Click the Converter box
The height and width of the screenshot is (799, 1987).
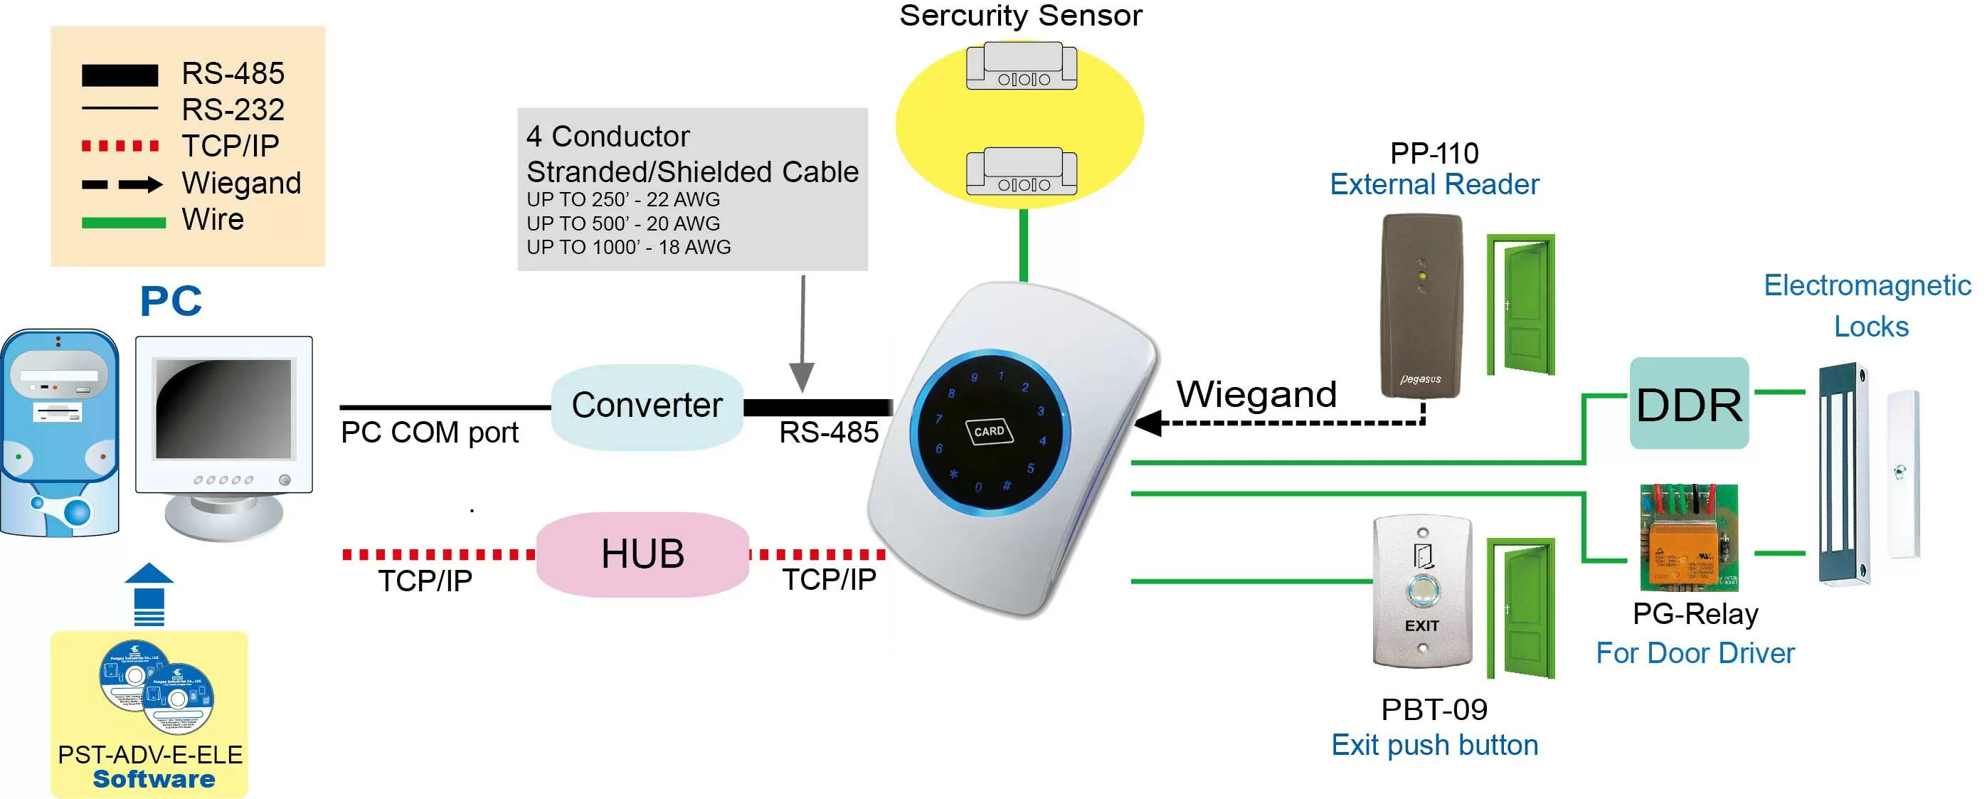(x=647, y=406)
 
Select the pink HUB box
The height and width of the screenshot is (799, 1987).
(x=642, y=554)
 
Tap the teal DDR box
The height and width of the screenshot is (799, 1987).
(x=1688, y=403)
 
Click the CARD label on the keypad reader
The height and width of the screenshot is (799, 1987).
(x=989, y=431)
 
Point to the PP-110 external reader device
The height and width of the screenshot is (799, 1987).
(x=1421, y=305)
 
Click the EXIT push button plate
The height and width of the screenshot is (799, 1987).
(x=1421, y=591)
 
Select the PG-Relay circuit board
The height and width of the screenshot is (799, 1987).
(x=1688, y=538)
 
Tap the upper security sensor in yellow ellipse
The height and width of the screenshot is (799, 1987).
(x=1022, y=67)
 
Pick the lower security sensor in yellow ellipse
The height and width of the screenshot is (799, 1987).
(x=1022, y=172)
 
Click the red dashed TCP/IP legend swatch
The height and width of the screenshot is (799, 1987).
(x=120, y=146)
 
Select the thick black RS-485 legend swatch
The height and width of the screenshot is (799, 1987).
(x=120, y=75)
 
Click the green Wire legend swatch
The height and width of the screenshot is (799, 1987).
(x=123, y=223)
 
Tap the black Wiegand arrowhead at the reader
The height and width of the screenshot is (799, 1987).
(x=1148, y=423)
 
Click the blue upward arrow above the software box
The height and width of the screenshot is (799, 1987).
(x=149, y=594)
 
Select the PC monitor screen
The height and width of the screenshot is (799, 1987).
(x=223, y=409)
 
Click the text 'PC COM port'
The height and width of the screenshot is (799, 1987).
(x=430, y=433)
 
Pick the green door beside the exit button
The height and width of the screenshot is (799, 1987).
(x=1522, y=609)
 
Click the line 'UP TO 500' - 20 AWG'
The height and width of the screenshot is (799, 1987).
(x=623, y=223)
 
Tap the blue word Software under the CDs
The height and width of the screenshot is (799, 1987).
(x=154, y=779)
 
